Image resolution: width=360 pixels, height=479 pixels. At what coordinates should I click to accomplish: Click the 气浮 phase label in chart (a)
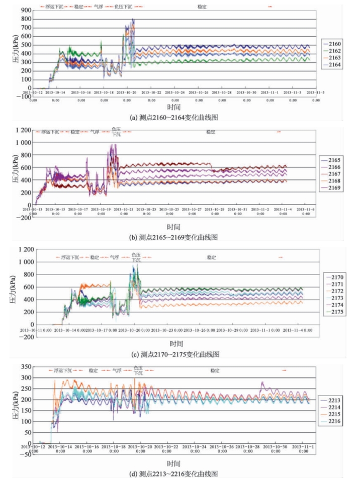99,7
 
